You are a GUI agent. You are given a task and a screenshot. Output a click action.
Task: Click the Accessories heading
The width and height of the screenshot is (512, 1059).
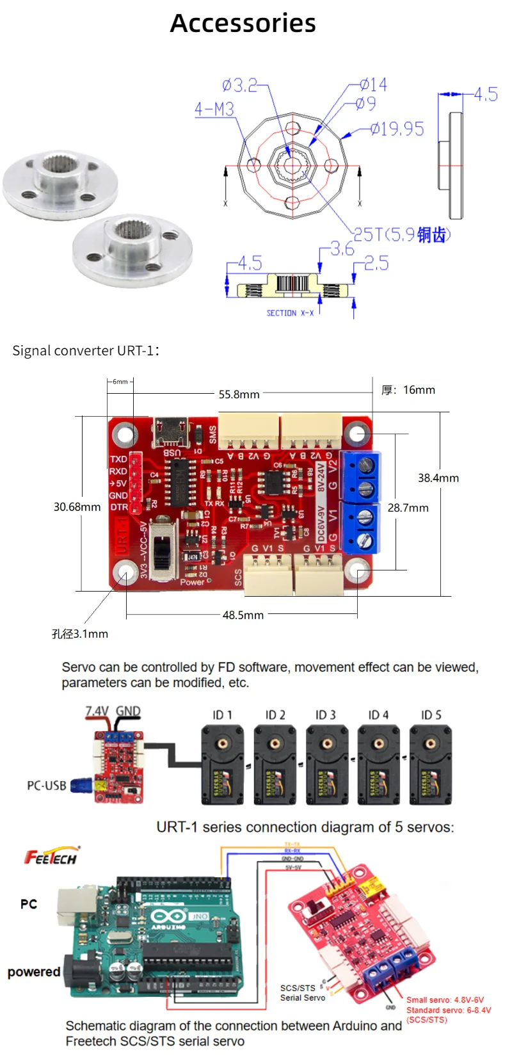tap(243, 24)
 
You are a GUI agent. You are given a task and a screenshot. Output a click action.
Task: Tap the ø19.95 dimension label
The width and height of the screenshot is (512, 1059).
tap(397, 129)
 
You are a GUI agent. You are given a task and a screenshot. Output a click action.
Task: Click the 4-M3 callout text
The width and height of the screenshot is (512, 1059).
tap(214, 109)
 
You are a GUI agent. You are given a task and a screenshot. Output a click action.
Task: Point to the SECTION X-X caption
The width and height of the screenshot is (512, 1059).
tap(290, 313)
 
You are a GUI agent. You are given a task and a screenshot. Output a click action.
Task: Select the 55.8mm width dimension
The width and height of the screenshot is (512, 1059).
tap(239, 394)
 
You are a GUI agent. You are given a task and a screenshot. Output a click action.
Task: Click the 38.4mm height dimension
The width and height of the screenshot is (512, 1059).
tap(438, 478)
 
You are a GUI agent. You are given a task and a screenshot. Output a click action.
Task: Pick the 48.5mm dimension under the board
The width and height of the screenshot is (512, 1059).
tap(243, 615)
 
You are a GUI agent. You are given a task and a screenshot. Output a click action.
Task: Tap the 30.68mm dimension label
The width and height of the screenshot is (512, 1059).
tap(77, 507)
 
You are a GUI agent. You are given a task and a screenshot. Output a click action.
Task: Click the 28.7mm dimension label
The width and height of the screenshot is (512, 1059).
tap(408, 508)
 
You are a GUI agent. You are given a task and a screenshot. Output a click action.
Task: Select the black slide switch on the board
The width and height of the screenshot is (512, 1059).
tap(164, 550)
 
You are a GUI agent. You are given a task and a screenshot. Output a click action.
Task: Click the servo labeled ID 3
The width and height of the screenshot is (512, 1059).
tap(326, 764)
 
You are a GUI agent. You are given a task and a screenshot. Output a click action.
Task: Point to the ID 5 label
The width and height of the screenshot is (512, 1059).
tap(431, 715)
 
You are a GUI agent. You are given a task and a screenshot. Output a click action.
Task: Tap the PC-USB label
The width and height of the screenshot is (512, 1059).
tap(46, 786)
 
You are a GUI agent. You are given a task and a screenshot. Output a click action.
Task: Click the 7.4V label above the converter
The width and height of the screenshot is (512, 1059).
tap(97, 711)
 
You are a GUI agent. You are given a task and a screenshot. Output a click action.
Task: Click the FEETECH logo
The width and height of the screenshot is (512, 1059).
tap(51, 857)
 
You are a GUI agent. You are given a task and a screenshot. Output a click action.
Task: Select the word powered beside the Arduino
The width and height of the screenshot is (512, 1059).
tap(34, 972)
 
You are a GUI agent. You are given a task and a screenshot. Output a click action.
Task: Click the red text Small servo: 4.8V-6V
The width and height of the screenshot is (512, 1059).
tap(445, 999)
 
